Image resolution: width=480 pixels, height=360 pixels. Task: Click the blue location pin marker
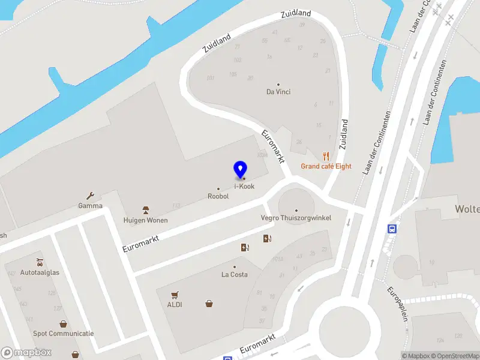pyautogui.click(x=241, y=169)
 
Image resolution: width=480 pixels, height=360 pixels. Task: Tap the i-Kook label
pyautogui.click(x=244, y=187)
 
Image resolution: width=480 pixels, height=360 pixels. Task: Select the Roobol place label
pyautogui.click(x=218, y=196)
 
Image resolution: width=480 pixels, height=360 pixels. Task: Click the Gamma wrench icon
pyautogui.click(x=91, y=196)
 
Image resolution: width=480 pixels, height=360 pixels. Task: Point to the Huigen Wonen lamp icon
pyautogui.click(x=145, y=210)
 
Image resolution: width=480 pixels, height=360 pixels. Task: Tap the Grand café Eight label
pyautogui.click(x=326, y=166)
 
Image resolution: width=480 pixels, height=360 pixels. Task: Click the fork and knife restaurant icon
pyautogui.click(x=326, y=155)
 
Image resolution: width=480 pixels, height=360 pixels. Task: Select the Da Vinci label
pyautogui.click(x=278, y=92)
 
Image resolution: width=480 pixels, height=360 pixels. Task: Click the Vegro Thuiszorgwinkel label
pyautogui.click(x=296, y=218)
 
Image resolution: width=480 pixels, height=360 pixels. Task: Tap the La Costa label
pyautogui.click(x=234, y=275)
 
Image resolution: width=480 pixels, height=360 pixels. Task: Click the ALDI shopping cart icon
pyautogui.click(x=175, y=295)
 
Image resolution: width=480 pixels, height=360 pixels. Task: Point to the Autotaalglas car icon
pyautogui.click(x=40, y=262)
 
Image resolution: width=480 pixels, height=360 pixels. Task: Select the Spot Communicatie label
pyautogui.click(x=63, y=334)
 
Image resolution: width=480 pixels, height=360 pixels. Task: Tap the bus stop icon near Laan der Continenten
pyautogui.click(x=392, y=229)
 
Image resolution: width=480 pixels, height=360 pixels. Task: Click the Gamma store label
pyautogui.click(x=90, y=206)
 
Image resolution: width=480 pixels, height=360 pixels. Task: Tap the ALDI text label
pyautogui.click(x=175, y=304)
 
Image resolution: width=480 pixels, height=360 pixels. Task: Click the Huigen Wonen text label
pyautogui.click(x=145, y=220)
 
